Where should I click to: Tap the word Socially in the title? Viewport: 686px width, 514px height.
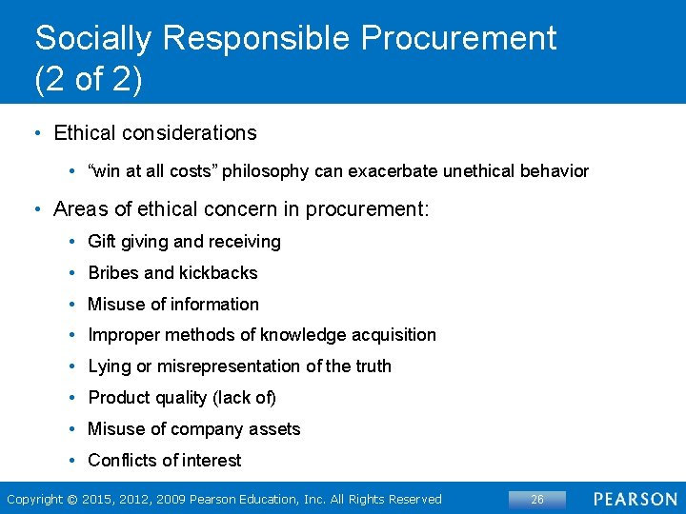92,38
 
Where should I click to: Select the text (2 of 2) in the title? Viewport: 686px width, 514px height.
88,79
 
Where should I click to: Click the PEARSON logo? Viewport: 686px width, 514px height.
636,500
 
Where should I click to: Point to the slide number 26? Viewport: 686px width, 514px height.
537,500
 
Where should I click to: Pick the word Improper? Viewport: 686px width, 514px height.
124,335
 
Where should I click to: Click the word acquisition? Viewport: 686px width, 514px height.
394,335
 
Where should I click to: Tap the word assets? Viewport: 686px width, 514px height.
274,429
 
